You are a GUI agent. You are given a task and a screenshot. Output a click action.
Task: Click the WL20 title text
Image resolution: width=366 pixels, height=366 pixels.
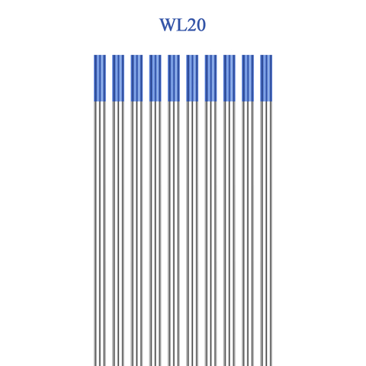(x=182, y=25)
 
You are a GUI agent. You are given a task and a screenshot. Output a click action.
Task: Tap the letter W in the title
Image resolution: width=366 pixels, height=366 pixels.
(x=168, y=25)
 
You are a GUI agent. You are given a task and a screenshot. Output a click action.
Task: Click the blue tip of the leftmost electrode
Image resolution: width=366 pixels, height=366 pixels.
(x=100, y=78)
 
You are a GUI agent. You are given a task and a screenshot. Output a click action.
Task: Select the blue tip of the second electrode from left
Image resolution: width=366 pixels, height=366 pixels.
(x=118, y=78)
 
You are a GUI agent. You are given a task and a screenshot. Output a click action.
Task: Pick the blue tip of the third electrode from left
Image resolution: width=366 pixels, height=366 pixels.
(x=136, y=78)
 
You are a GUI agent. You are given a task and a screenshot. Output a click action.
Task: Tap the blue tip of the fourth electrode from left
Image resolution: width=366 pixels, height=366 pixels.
(x=156, y=78)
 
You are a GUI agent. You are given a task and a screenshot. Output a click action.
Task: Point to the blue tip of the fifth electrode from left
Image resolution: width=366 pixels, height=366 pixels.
(x=174, y=78)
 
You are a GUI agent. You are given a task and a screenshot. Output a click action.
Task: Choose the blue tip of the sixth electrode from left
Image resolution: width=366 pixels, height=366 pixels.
(x=192, y=78)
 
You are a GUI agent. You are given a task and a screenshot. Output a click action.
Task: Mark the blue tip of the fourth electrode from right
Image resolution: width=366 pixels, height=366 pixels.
(x=210, y=78)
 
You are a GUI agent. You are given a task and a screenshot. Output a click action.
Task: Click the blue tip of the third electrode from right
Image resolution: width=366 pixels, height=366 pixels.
(x=230, y=78)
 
